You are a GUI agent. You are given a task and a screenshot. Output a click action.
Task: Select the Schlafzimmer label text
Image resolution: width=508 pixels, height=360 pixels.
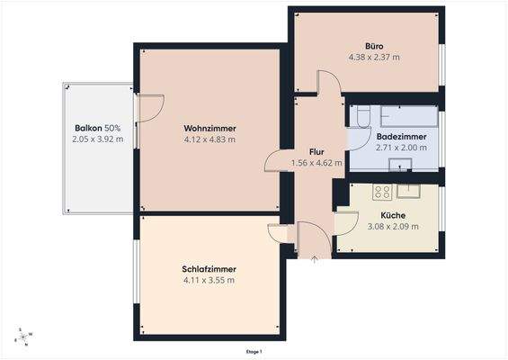pyautogui.click(x=209, y=268)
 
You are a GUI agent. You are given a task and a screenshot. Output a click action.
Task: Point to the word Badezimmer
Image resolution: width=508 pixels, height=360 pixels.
pyautogui.click(x=401, y=136)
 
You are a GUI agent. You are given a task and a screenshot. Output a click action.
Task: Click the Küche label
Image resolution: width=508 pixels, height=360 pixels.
pyautogui.click(x=393, y=215)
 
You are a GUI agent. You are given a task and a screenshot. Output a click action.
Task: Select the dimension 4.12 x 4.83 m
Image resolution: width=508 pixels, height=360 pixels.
pyautogui.click(x=209, y=139)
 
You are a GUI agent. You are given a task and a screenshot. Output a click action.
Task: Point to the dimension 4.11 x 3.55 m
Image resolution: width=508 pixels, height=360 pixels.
pyautogui.click(x=209, y=280)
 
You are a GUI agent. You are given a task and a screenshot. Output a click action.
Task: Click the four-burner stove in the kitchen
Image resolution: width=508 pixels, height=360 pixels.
pyautogui.click(x=381, y=191)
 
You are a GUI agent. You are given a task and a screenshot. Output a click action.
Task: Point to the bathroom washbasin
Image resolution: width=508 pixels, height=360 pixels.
pyautogui.click(x=401, y=164)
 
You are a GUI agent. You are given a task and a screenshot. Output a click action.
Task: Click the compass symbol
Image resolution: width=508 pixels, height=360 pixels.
pyautogui.click(x=24, y=336)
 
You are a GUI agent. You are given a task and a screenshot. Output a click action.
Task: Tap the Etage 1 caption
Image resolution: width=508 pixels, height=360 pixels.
pyautogui.click(x=254, y=352)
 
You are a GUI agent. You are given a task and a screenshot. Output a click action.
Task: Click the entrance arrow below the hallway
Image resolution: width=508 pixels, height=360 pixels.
pyautogui.click(x=314, y=261)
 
